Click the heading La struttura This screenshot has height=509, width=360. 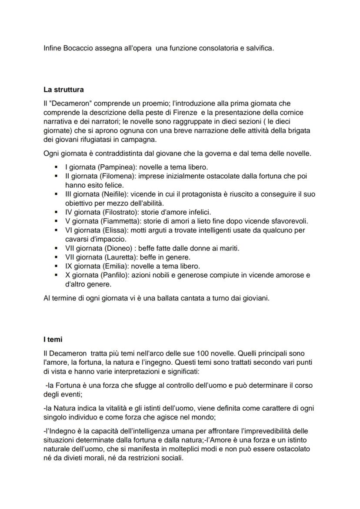pyautogui.click(x=63, y=90)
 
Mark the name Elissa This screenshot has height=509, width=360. pyautogui.click(x=109, y=230)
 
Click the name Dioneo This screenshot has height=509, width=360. pyautogui.click(x=113, y=248)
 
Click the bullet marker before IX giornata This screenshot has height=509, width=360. pyautogui.click(x=57, y=266)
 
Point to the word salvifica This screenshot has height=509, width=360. pyautogui.click(x=257, y=48)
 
